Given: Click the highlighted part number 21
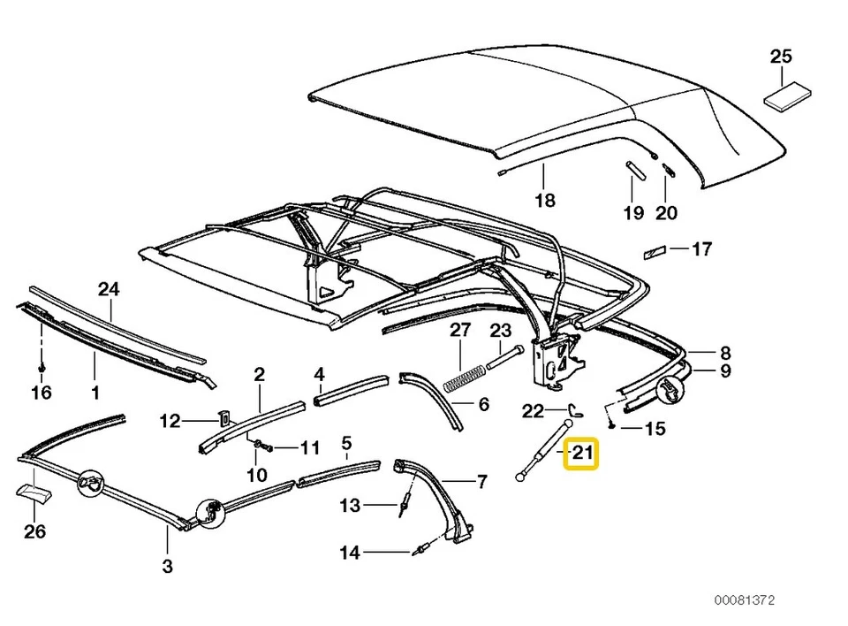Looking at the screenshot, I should pos(581,455).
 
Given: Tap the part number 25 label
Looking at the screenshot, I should pos(781,57).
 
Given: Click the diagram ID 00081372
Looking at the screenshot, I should pos(745,600).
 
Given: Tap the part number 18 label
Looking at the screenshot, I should pos(545,201).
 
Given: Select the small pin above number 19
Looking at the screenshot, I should pos(632,169).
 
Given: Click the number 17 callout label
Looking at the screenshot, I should pos(700,250).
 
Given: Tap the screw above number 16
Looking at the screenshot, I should pos(42,363).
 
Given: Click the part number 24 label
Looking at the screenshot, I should pos(108,287).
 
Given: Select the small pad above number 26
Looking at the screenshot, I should pos(32,492).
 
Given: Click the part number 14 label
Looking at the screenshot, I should pos(350,553).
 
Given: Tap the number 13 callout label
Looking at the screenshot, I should pos(350,506).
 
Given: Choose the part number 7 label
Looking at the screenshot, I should pos(482,482).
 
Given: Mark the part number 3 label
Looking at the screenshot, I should pos(167,566).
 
